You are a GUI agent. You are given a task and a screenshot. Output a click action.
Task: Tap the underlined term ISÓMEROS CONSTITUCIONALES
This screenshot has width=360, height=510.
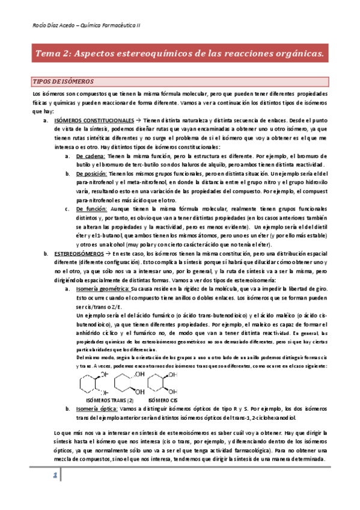click(94, 120)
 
